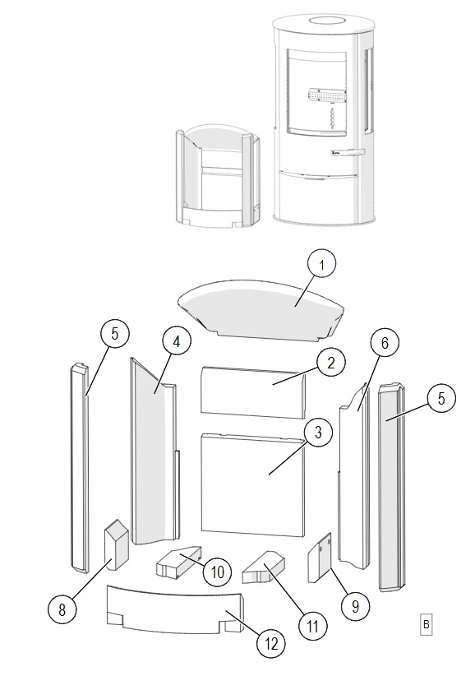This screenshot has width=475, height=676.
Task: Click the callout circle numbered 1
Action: click(x=321, y=264)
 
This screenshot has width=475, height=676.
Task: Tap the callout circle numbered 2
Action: click(x=330, y=363)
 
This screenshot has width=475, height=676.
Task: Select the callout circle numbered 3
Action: click(x=318, y=433)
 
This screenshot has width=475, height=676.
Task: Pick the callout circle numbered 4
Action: click(x=177, y=342)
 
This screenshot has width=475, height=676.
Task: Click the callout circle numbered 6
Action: click(x=385, y=343)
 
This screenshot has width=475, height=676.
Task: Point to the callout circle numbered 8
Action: click(x=62, y=609)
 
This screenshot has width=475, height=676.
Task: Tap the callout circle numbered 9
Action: click(x=355, y=606)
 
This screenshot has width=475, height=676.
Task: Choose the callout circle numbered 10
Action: click(x=218, y=572)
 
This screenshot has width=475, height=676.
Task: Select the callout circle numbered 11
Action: click(x=313, y=626)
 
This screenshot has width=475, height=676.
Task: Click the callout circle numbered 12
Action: click(x=271, y=644)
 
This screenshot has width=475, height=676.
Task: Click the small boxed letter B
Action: click(x=426, y=624)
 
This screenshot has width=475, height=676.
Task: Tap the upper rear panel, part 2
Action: click(x=254, y=392)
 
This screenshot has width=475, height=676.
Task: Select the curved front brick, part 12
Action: click(x=175, y=609)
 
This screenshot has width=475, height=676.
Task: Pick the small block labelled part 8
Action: click(x=116, y=544)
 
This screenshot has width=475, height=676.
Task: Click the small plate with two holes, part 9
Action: click(x=320, y=558)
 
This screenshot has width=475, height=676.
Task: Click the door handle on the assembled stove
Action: click(x=348, y=152)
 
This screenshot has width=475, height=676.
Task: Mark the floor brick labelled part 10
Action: click(x=178, y=562)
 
